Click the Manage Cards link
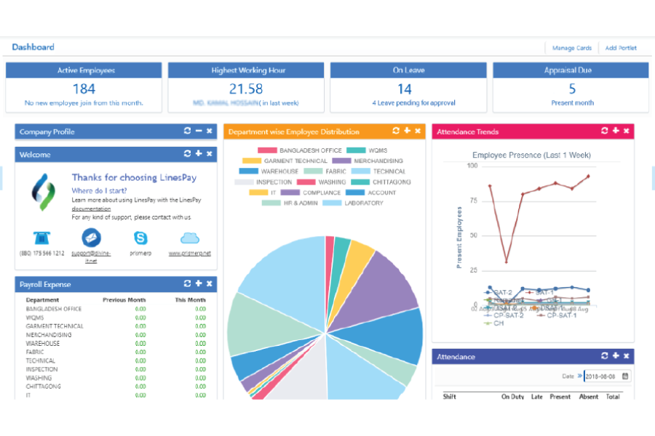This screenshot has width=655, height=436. pyautogui.click(x=571, y=48)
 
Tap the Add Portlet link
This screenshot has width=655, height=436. pyautogui.click(x=620, y=48)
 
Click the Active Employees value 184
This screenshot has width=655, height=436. pyautogui.click(x=84, y=89)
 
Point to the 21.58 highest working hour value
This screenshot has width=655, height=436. pyautogui.click(x=246, y=89)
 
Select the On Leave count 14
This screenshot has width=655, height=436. pyautogui.click(x=404, y=89)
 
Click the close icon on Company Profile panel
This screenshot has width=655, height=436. pyautogui.click(x=210, y=132)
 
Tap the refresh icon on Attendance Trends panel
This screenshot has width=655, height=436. pyautogui.click(x=604, y=131)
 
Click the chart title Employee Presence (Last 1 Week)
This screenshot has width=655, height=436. pyautogui.click(x=531, y=155)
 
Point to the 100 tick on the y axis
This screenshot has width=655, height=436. pyautogui.click(x=472, y=166)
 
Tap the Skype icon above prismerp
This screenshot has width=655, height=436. pyautogui.click(x=140, y=238)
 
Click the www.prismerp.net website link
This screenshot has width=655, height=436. pyautogui.click(x=189, y=254)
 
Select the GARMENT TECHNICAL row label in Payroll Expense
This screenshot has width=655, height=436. pyautogui.click(x=49, y=326)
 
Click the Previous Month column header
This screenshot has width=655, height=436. pyautogui.click(x=124, y=299)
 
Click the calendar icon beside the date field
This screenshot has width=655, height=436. pyautogui.click(x=626, y=376)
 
